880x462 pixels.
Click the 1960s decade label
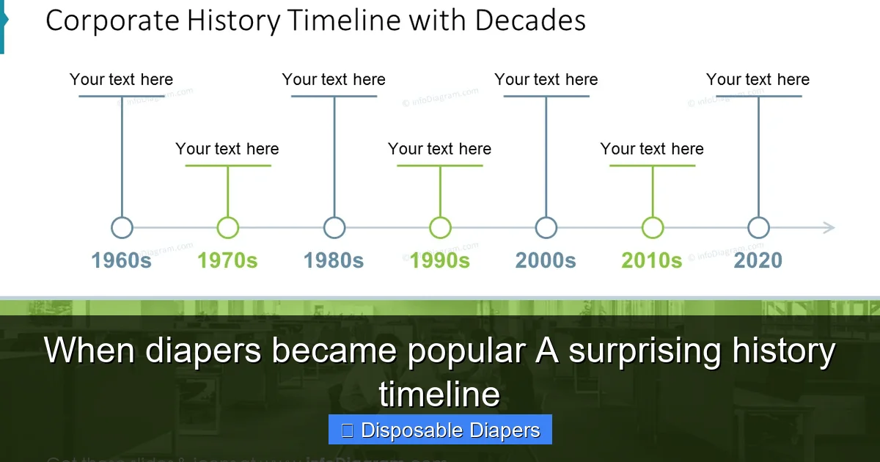(121, 260)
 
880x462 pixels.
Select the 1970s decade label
(227, 260)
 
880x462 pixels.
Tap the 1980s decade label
(334, 260)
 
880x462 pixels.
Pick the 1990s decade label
(439, 260)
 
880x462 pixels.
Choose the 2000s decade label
(546, 260)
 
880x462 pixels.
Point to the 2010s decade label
(652, 260)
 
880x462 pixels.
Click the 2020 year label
(758, 260)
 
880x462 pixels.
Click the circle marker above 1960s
(122, 228)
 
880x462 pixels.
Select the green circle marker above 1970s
(228, 228)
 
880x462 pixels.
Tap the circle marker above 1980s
(334, 228)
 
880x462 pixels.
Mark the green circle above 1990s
(440, 228)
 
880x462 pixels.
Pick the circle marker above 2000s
(546, 228)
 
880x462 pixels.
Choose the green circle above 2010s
(653, 228)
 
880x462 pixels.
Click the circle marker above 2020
(758, 228)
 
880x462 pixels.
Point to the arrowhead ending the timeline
(829, 228)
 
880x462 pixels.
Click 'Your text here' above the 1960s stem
(122, 79)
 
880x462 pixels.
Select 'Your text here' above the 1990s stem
(439, 149)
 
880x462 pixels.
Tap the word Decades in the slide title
(530, 21)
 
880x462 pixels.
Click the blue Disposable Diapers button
(440, 430)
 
